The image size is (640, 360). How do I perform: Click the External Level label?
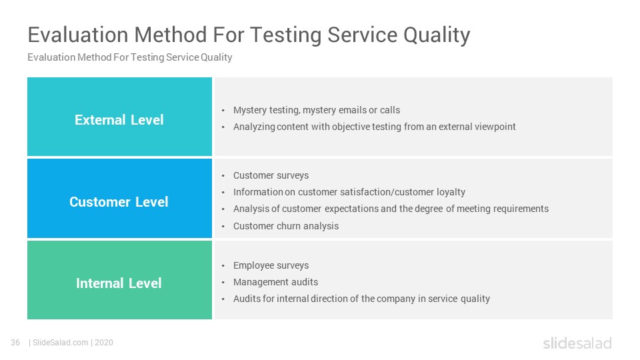[x=119, y=119]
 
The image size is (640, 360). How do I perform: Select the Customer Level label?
[x=119, y=201]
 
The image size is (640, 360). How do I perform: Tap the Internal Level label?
[x=119, y=283]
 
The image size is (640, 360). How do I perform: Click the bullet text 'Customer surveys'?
[x=271, y=175]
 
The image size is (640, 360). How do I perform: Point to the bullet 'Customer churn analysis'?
[x=286, y=226]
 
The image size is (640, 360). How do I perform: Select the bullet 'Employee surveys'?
[x=271, y=265]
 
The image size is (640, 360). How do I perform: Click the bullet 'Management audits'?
[x=275, y=282]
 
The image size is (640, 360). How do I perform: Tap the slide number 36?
[x=15, y=343]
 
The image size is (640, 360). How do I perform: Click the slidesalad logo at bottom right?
[x=577, y=343]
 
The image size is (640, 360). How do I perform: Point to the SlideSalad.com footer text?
[x=61, y=343]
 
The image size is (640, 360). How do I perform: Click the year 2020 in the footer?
[x=104, y=343]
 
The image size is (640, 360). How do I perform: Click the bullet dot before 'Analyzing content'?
[x=223, y=127]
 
